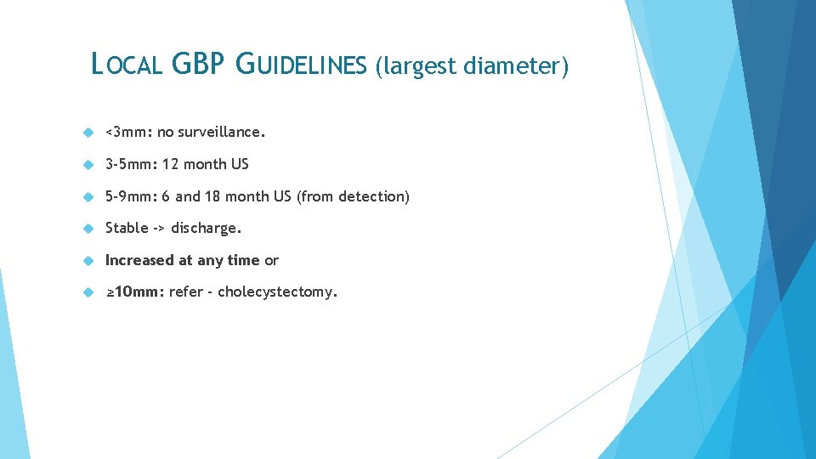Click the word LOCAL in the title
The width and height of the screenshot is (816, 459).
126,65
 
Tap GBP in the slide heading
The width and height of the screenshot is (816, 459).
198,65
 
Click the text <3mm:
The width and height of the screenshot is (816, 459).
127,133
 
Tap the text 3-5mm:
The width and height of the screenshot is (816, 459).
131,164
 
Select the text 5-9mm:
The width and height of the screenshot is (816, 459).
131,196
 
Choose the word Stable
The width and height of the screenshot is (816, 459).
127,228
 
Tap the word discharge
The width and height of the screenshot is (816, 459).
207,228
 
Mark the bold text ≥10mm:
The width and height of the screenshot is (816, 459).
134,292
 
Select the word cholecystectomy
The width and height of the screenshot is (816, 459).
277,292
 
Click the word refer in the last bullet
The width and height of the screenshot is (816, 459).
184,292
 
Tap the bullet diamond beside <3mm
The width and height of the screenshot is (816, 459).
87,133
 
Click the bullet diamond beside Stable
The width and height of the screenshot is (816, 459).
87,228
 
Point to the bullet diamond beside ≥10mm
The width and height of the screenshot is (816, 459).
87,292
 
